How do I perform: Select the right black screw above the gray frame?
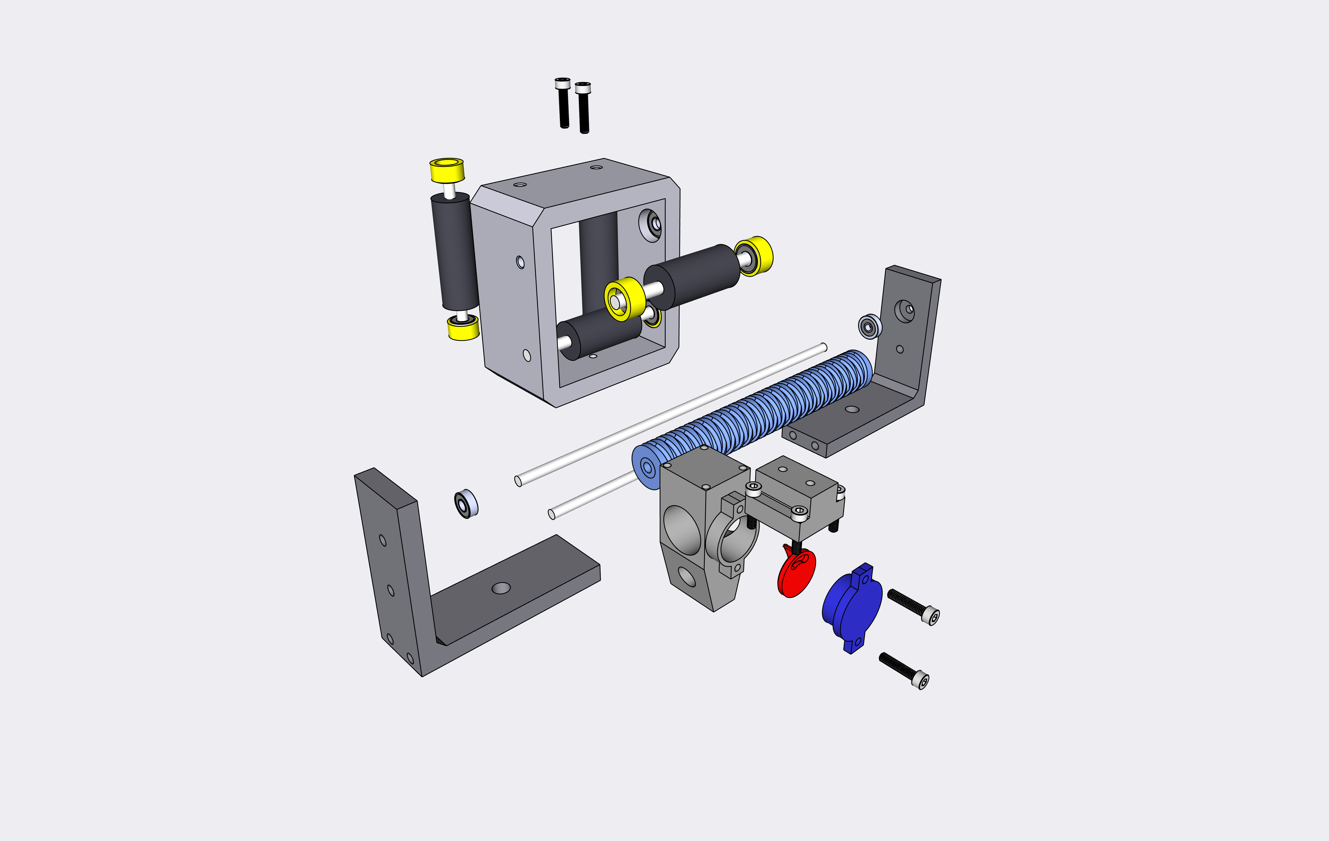pos(583,108)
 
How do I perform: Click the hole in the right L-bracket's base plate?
pos(852,409)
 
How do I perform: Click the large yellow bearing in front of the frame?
pos(624,299)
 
